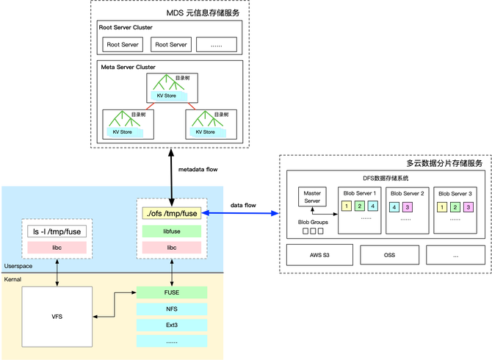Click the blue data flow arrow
coord(240,213)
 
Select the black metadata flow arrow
coord(171,177)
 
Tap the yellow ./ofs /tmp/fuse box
coord(172,213)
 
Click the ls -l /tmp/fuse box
coord(57,231)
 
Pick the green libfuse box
coord(172,231)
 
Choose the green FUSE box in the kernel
coord(172,292)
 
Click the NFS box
coord(172,309)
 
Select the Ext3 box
coord(172,325)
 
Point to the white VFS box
coord(57,317)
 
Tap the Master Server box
coord(312,197)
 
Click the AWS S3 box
coord(319,255)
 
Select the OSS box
coord(389,255)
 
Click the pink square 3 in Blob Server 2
coord(408,207)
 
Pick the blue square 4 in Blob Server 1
coord(373,206)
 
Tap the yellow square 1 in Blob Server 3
coord(442,207)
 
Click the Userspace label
coord(18,266)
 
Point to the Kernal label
coord(12,279)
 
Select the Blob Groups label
coord(313,222)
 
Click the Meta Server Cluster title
coord(128,67)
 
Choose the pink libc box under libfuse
coord(172,248)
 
